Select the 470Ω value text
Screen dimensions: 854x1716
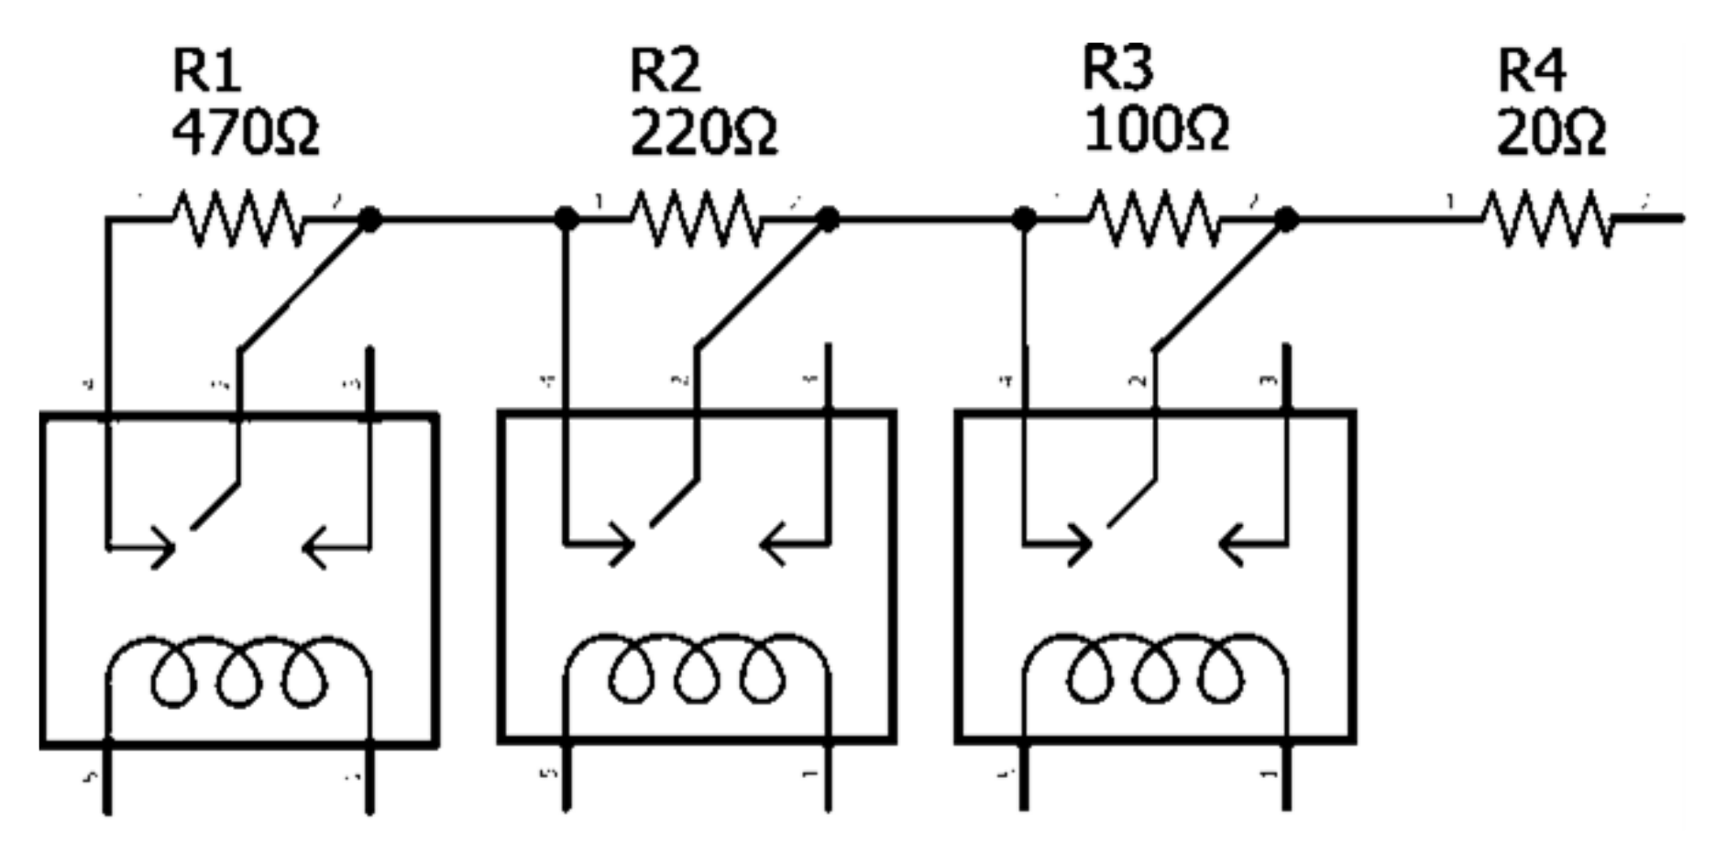[246, 132]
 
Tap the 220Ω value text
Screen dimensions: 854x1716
[703, 132]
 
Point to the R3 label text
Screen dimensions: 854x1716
[1117, 68]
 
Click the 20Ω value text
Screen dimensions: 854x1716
[1551, 132]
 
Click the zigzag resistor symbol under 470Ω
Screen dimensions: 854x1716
[238, 219]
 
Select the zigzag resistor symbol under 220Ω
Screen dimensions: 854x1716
[697, 219]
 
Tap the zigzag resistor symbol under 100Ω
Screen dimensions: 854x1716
[1155, 219]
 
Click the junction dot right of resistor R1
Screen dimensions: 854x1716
[369, 219]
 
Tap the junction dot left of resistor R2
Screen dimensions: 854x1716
[566, 219]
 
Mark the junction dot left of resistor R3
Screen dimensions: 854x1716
[1024, 219]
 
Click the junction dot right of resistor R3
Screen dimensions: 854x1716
[1286, 219]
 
